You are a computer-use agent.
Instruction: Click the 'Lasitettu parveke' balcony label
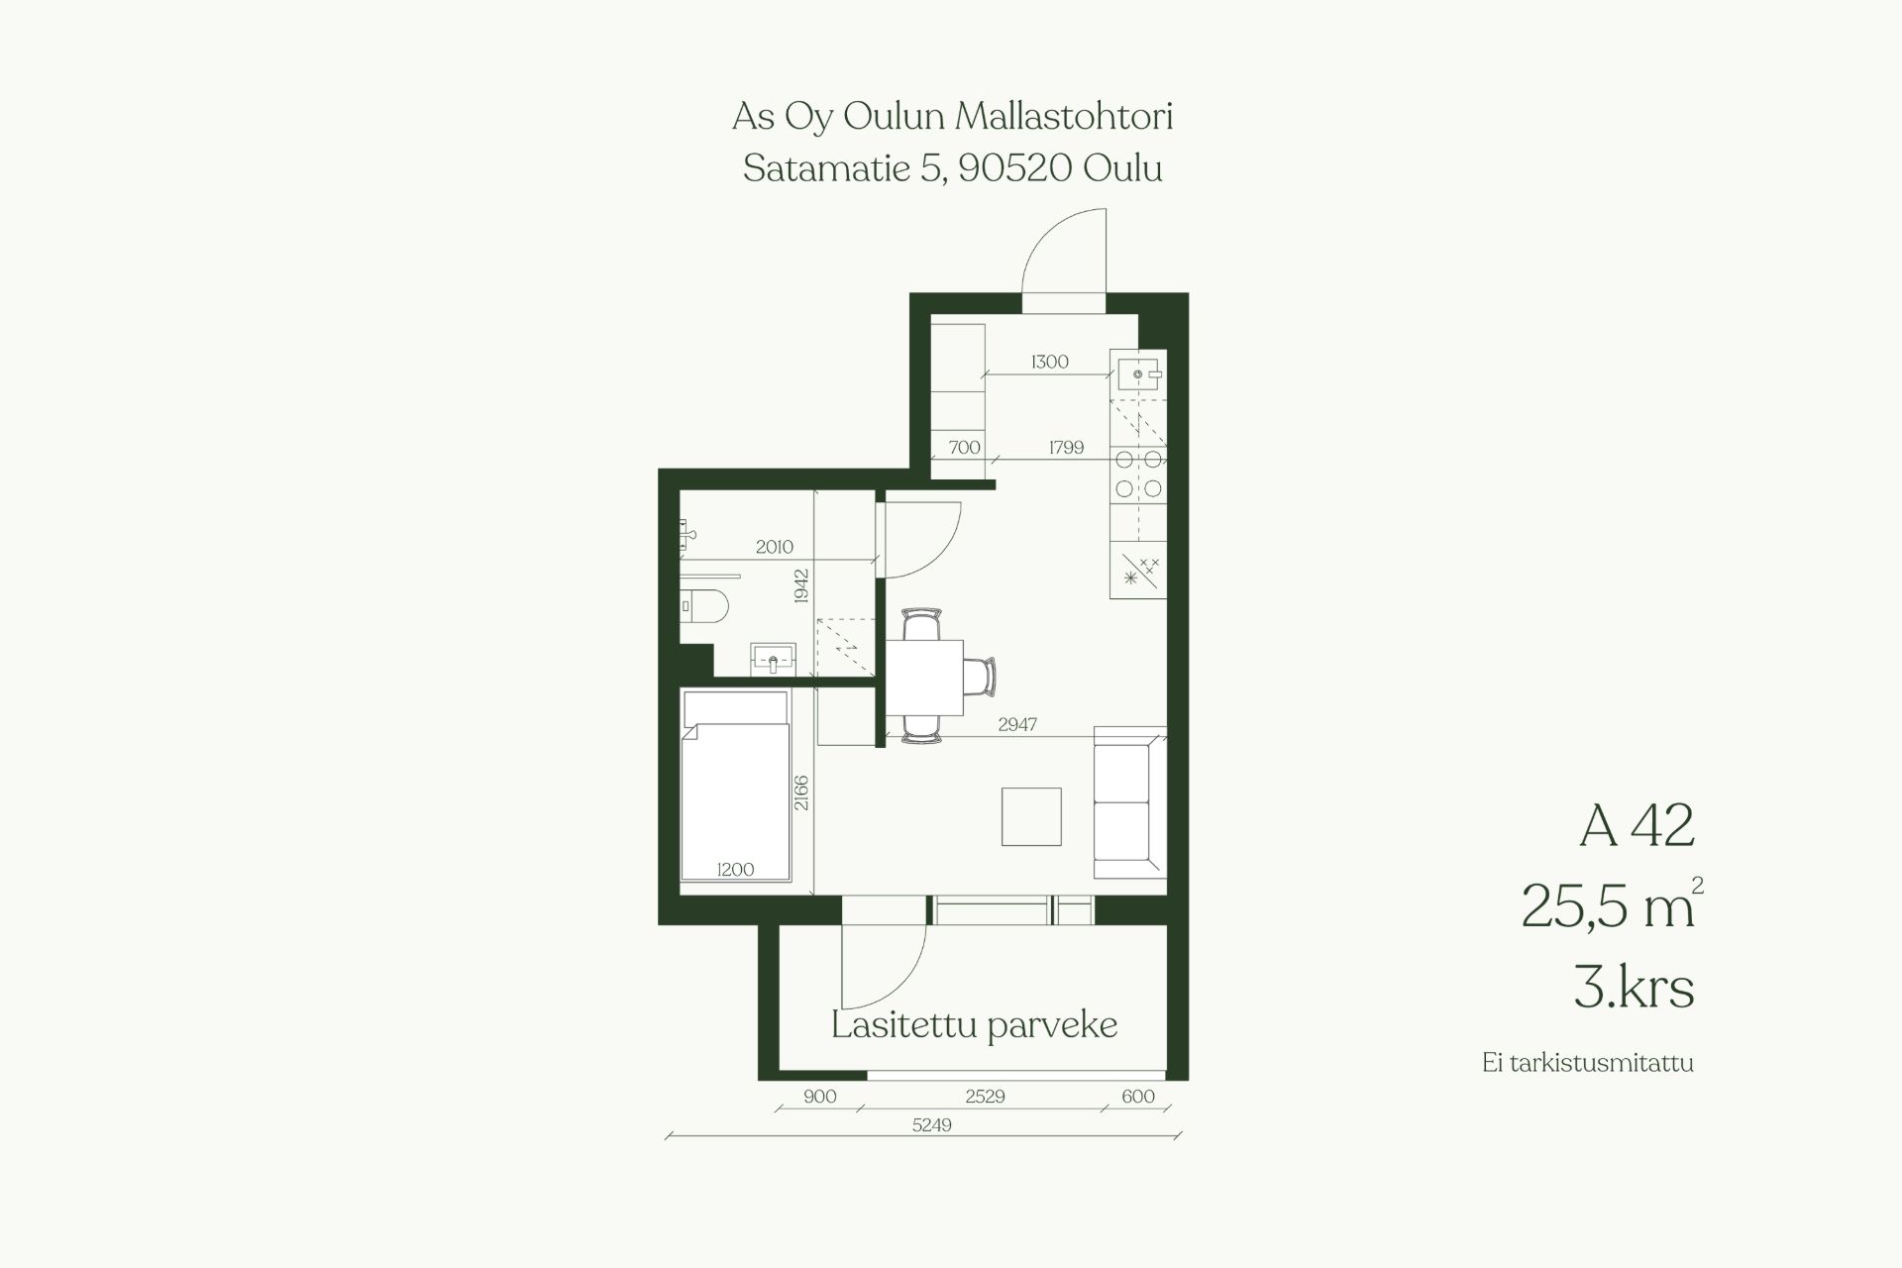tap(974, 1025)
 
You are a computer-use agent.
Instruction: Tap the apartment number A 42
tap(1637, 825)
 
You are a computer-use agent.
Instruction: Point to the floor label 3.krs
tap(1634, 987)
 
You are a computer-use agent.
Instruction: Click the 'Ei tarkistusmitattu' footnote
tap(1588, 1063)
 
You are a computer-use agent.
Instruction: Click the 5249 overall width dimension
tap(931, 1125)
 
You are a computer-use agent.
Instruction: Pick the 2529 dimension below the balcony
tap(985, 1097)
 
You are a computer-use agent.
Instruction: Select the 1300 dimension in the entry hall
tap(1049, 362)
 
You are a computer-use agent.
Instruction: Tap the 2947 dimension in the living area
tap(1017, 724)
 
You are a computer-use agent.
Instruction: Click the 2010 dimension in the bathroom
tap(775, 546)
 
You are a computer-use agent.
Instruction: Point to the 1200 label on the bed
tap(735, 869)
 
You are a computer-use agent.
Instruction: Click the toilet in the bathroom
tap(705, 604)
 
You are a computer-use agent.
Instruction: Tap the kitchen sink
tap(1138, 374)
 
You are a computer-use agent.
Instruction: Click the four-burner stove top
tap(1138, 474)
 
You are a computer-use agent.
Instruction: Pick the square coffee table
tap(1031, 816)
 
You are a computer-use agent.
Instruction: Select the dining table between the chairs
tap(923, 678)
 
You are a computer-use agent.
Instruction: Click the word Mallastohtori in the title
tap(1064, 117)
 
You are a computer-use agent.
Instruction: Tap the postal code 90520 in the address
tap(1015, 168)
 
